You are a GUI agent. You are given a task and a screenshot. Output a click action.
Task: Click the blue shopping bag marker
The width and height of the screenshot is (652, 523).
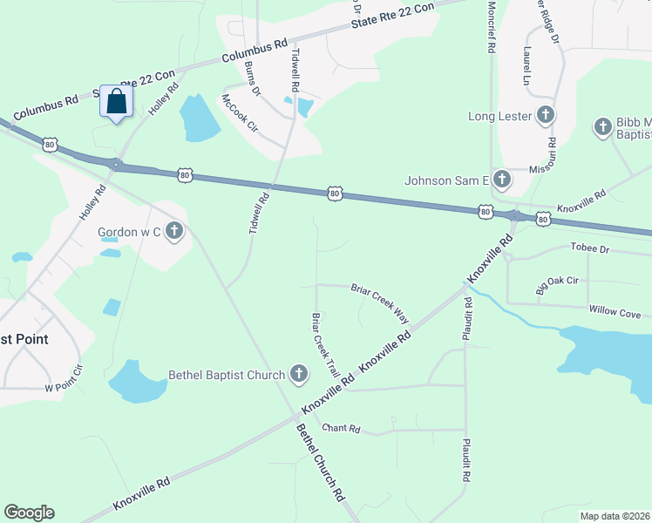116,102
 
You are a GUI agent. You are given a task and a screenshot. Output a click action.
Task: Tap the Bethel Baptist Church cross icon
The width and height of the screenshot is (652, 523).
298,376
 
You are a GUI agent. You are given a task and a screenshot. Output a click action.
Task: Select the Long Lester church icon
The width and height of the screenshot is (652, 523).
545,115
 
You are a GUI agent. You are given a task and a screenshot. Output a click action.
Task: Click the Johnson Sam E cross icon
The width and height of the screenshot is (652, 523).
501,180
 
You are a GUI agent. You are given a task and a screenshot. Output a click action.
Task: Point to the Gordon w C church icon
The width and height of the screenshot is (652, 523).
174,231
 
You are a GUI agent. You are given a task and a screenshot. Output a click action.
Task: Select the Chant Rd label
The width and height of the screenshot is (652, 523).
341,428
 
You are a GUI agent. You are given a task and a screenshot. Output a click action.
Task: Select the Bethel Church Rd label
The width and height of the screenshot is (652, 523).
320,461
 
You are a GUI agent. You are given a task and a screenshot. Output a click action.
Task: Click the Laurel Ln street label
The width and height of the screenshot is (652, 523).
526,66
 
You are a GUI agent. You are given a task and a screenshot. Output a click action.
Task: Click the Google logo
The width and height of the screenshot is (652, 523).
29,513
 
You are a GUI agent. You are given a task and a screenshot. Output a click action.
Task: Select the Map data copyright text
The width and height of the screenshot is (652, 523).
615,516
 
